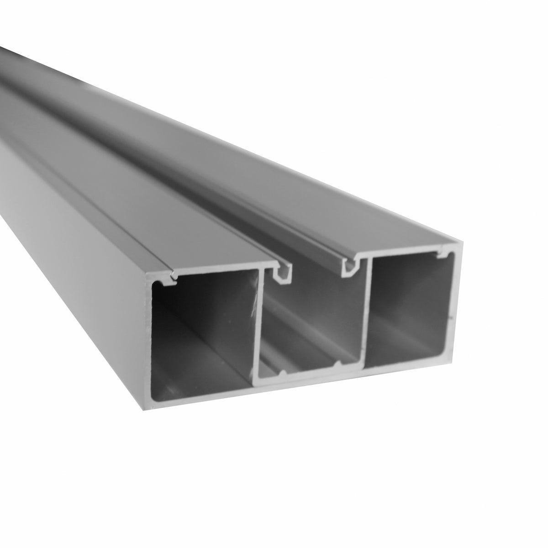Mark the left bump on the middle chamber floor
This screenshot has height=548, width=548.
click(x=284, y=373)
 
